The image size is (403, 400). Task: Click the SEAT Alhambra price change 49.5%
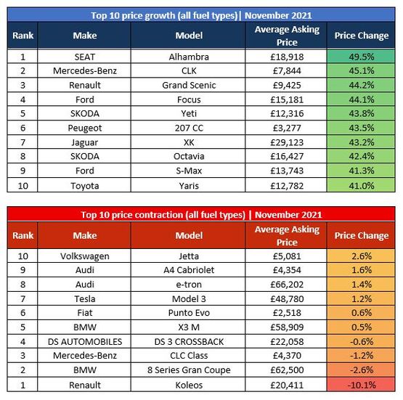pos(361,57)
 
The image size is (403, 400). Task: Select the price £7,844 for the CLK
pos(287,70)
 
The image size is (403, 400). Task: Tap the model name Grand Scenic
pos(189,85)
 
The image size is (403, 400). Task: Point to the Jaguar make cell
pos(85,142)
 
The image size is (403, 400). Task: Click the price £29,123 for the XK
pos(287,142)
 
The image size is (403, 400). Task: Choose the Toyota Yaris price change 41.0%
pos(361,186)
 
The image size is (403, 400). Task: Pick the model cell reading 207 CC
pos(189,128)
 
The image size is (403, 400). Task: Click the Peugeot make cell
pos(85,128)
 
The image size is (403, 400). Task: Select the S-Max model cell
pos(189,171)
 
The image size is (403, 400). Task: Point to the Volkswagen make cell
pos(85,256)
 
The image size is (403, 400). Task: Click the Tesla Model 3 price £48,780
pos(287,299)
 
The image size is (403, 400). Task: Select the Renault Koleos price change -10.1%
pos(361,385)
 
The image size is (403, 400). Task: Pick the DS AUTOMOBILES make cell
pos(85,342)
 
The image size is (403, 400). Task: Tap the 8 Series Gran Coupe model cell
pos(189,370)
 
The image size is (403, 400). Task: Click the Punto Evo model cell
pos(189,313)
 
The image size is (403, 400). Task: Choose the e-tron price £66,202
pos(287,285)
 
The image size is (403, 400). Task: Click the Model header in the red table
pos(189,235)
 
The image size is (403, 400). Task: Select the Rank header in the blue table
pos(23,35)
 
